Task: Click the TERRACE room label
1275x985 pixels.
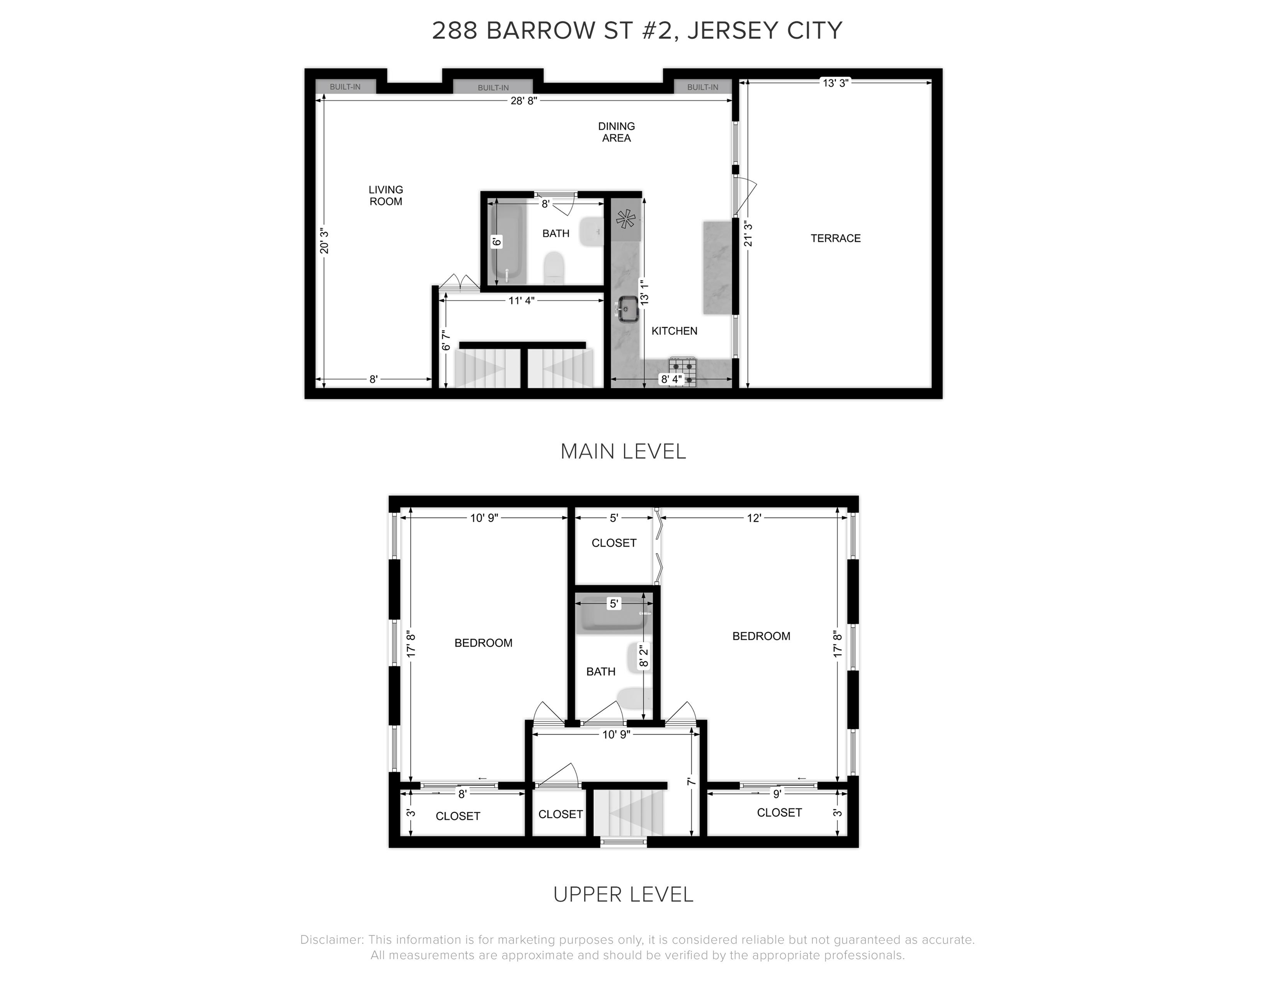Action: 835,238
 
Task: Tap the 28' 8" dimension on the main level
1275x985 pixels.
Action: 524,100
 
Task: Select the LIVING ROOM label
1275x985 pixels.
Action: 385,195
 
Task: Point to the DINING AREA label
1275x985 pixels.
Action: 616,132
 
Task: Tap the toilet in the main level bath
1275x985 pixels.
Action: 553,268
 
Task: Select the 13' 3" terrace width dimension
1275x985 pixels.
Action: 835,83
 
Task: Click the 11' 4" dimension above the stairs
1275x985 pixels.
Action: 521,301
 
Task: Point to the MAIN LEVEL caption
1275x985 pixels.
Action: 623,451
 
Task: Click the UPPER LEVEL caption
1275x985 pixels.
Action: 623,894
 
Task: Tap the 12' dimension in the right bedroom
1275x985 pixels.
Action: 754,518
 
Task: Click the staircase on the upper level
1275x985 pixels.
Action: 629,813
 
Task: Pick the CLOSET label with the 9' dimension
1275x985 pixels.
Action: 779,812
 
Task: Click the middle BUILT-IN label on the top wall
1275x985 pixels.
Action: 493,88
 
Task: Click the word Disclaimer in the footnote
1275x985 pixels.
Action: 331,940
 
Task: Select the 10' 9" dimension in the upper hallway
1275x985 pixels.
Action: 616,734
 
